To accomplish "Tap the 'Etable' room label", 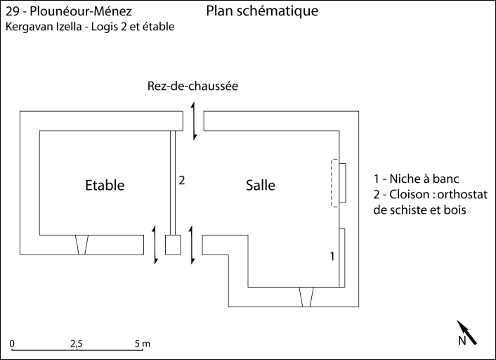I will (105, 186).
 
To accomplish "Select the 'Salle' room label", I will (260, 186).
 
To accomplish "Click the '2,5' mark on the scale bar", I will (76, 344).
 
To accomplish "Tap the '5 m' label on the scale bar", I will (143, 344).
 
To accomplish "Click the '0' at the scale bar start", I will (13, 344).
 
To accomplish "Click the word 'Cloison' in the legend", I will (413, 194).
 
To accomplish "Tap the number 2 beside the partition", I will (181, 180).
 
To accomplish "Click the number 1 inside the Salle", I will (332, 256).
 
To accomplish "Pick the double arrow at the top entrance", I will (192, 120).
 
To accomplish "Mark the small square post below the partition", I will (173, 245).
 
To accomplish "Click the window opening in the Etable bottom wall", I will (83, 245).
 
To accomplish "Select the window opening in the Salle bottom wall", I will (305, 297).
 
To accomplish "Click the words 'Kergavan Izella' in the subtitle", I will (40, 27).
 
